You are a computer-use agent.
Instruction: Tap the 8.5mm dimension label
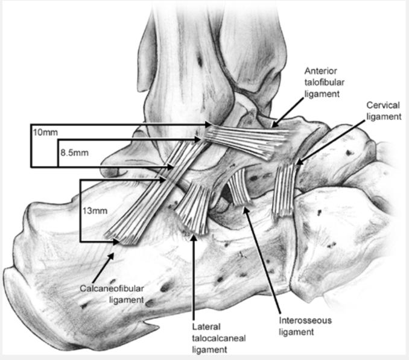pyautogui.click(x=74, y=153)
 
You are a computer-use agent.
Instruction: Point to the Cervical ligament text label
pyautogui.click(x=383, y=111)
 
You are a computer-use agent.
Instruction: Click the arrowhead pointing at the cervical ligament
pyautogui.click(x=297, y=161)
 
